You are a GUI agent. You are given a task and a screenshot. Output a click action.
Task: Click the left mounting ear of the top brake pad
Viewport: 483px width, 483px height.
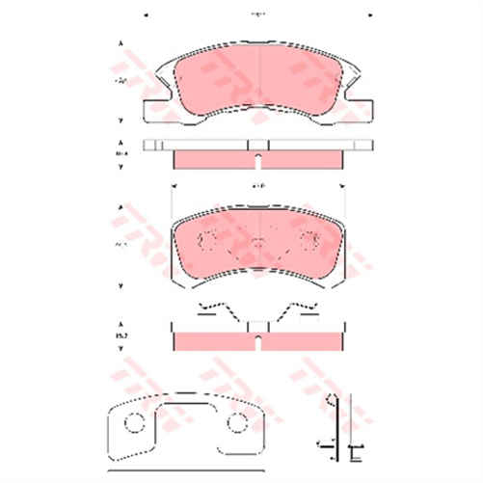tap(154, 108)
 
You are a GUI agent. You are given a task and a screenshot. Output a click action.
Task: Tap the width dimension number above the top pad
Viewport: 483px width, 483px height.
tap(256, 14)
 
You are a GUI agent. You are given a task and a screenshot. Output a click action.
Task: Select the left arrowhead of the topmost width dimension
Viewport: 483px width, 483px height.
tap(146, 14)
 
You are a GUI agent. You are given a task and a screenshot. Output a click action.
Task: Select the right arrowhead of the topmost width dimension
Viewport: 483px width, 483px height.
tap(369, 14)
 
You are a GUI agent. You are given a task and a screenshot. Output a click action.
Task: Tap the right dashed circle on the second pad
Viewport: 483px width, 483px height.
tap(309, 241)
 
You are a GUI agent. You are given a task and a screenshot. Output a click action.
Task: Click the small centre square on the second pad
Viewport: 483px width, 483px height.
tap(257, 242)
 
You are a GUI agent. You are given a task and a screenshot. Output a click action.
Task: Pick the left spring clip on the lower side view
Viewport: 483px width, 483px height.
tap(211, 311)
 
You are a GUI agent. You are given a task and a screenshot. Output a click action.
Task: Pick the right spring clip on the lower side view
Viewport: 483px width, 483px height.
tap(301, 311)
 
